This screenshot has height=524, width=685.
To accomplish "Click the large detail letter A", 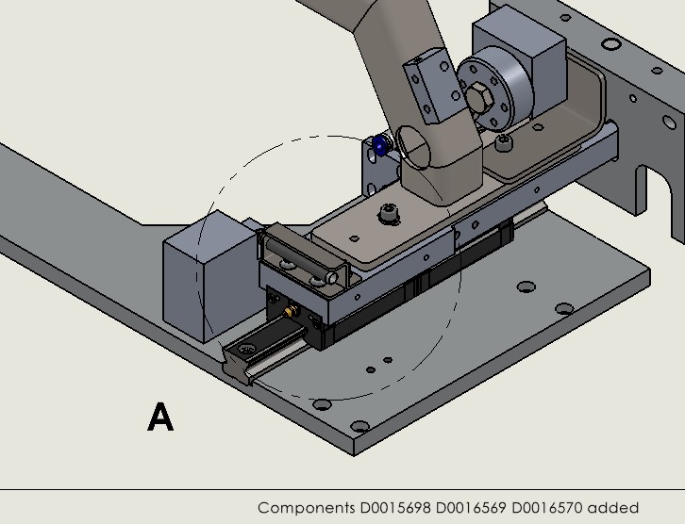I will coord(160,417).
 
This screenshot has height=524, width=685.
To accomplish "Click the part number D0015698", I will coord(395,508).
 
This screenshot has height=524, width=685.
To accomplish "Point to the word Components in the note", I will coord(306,508).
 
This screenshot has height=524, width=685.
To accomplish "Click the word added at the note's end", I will coord(613,508).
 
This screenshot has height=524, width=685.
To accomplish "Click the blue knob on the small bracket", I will coord(380,146).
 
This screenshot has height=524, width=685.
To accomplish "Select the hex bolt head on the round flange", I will coord(478,95).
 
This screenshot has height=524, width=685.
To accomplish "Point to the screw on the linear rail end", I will coord(247,352).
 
